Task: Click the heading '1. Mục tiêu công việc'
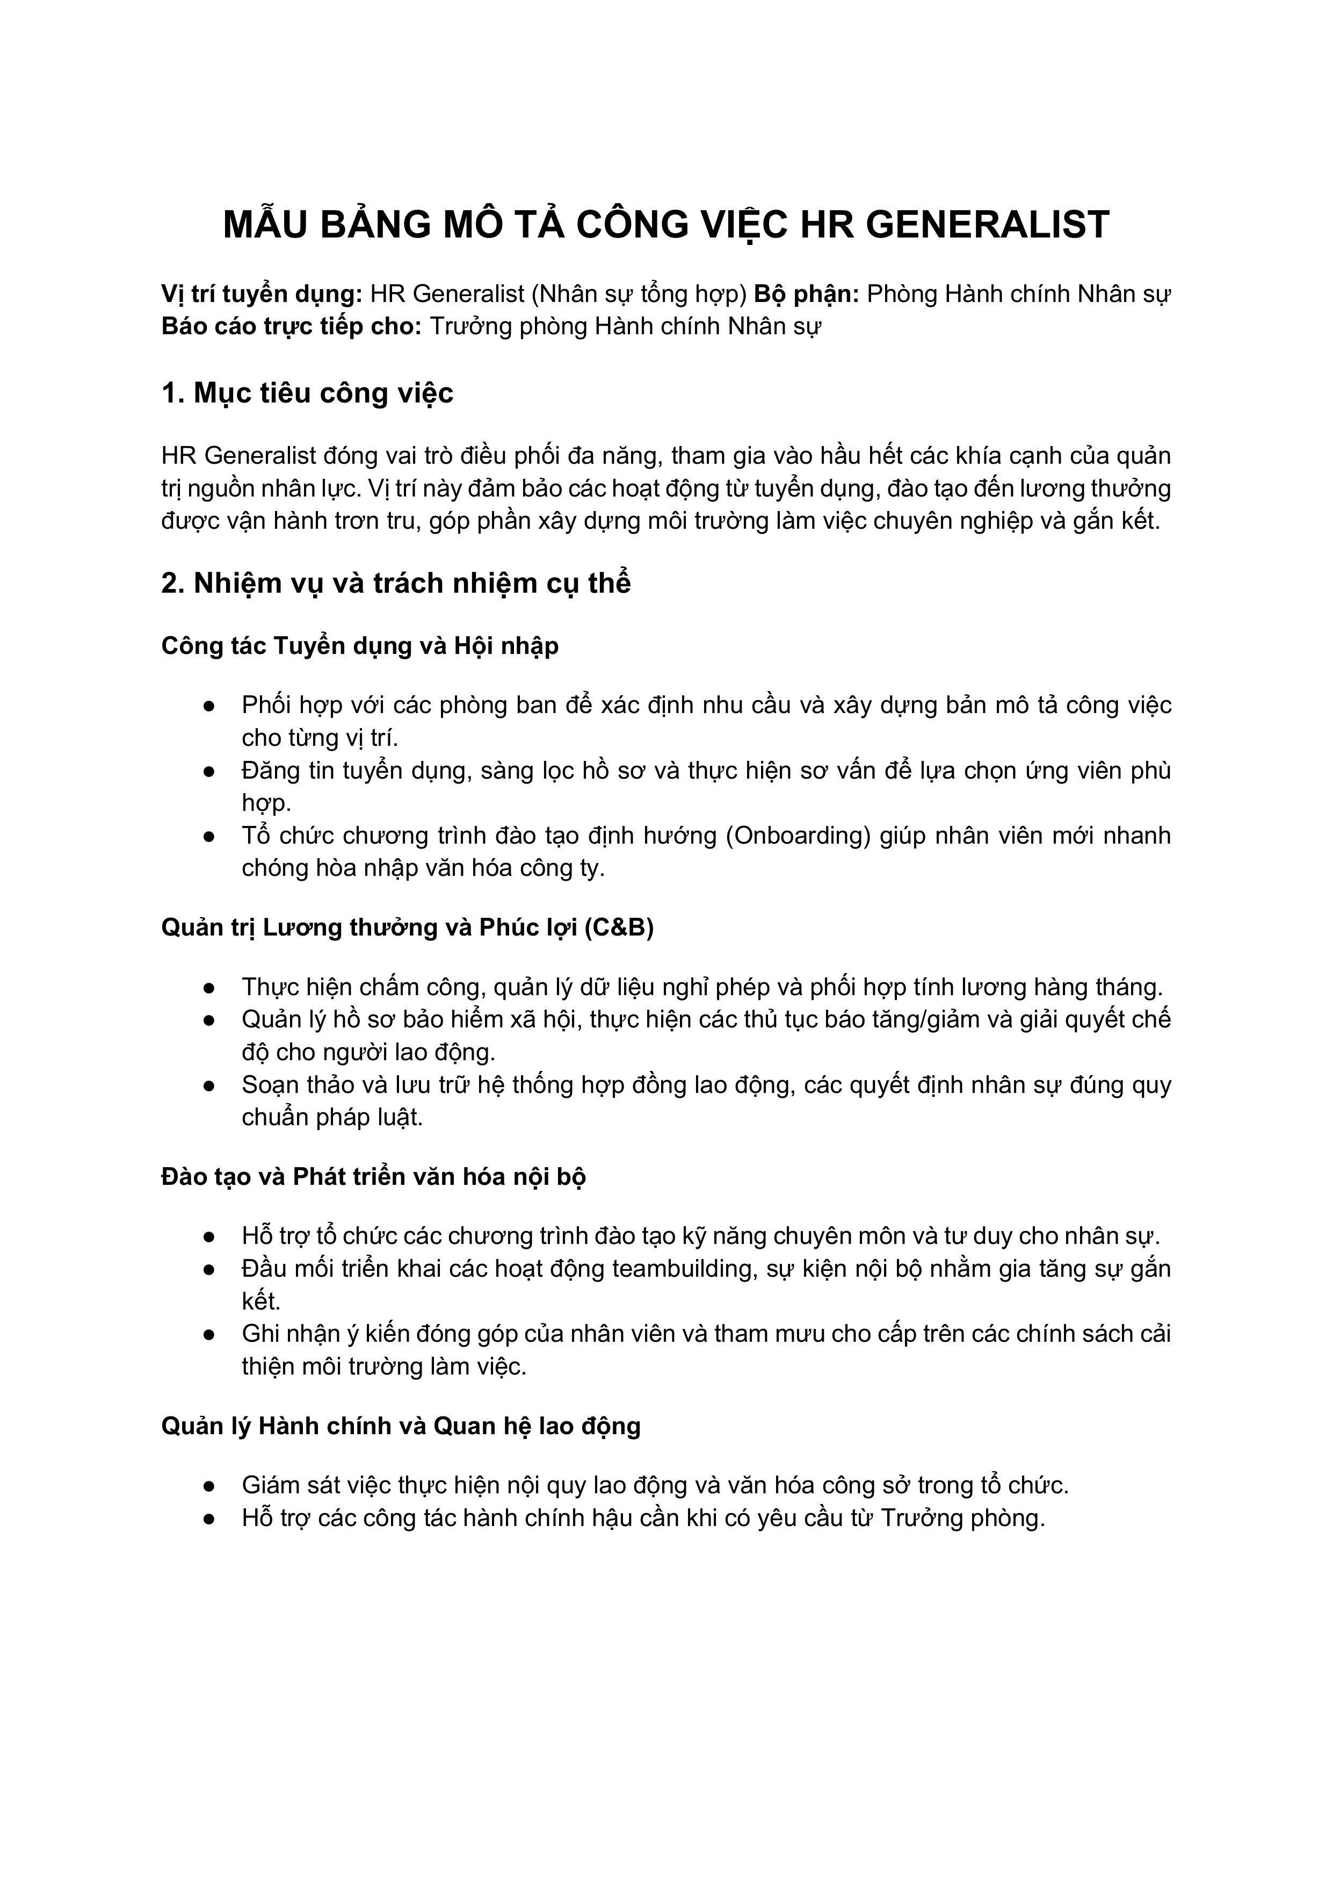pos(307,393)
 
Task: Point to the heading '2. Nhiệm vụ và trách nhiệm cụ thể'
pos(396,583)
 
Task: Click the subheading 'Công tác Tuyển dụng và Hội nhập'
pos(359,646)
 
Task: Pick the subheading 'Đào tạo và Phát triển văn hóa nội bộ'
pos(373,1177)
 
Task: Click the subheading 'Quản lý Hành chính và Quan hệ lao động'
pos(401,1426)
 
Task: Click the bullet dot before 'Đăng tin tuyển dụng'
pos(209,772)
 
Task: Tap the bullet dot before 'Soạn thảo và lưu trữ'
pos(209,1086)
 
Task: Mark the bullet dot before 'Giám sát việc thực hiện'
pos(209,1486)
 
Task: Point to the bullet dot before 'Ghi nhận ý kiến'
pos(209,1335)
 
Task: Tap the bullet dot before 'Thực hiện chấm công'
pos(209,988)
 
